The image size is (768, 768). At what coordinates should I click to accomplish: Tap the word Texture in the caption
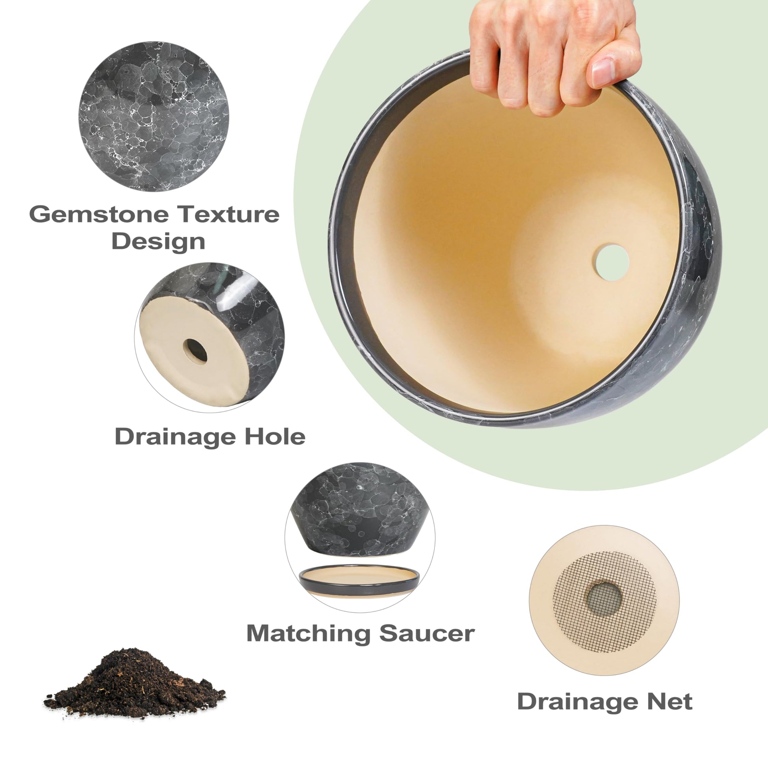click(228, 214)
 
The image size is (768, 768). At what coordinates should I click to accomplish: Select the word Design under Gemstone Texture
click(158, 241)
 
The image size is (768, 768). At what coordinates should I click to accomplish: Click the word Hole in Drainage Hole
click(275, 436)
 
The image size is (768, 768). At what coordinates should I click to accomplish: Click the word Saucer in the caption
click(427, 633)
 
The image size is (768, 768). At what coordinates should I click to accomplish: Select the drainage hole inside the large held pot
click(612, 262)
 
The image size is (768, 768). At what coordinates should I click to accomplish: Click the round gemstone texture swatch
click(154, 116)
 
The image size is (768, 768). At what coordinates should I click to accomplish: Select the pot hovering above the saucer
click(360, 510)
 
